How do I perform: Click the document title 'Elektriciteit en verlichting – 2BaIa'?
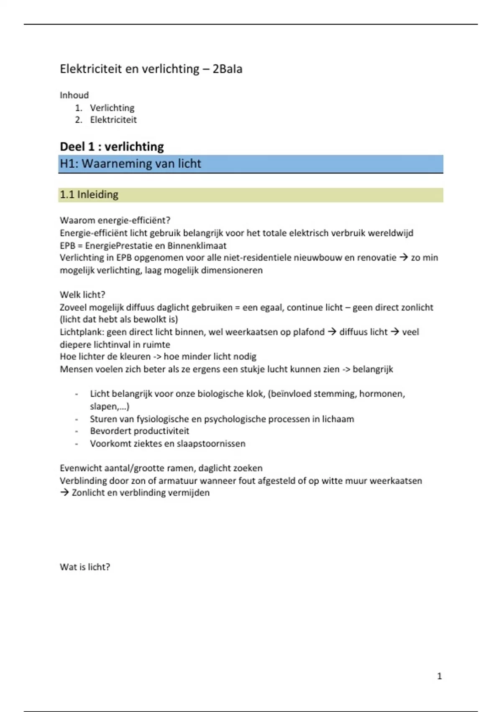151,69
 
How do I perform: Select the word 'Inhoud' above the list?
74,95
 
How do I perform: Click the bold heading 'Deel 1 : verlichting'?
112,147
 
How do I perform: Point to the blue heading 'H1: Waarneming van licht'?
130,163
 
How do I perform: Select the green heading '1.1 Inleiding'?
89,195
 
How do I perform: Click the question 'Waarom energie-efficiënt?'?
115,220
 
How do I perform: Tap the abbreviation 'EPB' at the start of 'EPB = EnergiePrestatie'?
67,246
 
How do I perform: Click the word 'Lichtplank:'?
82,332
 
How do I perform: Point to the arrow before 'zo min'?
403,258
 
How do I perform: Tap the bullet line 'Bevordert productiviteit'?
139,431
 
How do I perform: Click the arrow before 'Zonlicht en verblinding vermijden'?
64,493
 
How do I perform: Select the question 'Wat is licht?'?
85,567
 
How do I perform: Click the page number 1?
439,676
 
